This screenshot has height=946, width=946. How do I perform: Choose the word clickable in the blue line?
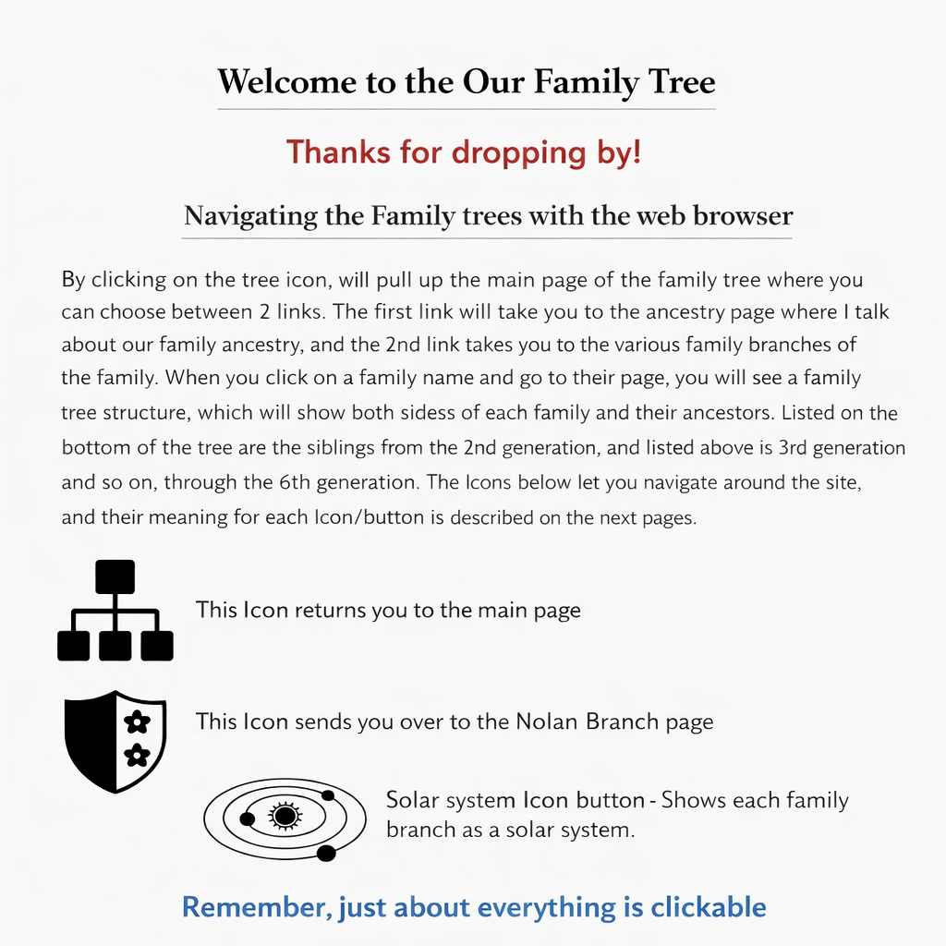coord(709,907)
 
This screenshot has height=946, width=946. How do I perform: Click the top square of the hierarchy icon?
coord(115,576)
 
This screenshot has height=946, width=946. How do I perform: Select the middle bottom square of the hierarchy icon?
coord(115,646)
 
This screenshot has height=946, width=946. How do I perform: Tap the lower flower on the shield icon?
coord(137,756)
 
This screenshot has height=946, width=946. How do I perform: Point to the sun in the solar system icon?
coord(284,816)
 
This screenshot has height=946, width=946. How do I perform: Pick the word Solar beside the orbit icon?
coord(413,800)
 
